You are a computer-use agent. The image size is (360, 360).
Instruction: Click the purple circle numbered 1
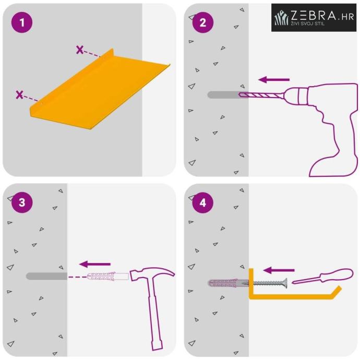pyautogui.click(x=22, y=22)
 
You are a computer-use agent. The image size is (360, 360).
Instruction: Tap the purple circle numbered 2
pyautogui.click(x=203, y=22)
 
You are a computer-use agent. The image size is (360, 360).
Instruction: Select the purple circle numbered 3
pyautogui.click(x=22, y=202)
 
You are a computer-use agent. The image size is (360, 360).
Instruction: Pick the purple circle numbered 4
pyautogui.click(x=203, y=203)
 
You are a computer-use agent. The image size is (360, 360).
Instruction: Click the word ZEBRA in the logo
pyautogui.click(x=314, y=16)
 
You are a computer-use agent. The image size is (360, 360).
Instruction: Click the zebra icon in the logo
pyautogui.click(x=281, y=18)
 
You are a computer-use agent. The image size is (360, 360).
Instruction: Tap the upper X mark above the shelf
pyautogui.click(x=80, y=50)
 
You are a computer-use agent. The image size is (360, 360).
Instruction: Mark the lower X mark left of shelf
pyautogui.click(x=19, y=94)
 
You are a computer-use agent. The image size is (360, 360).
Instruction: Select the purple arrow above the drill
pyautogui.click(x=274, y=80)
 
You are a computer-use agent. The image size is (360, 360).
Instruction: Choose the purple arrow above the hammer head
pyautogui.click(x=95, y=264)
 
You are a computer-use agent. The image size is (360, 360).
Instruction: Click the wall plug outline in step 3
pyautogui.click(x=108, y=276)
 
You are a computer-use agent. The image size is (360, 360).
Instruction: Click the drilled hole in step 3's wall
pyautogui.click(x=46, y=276)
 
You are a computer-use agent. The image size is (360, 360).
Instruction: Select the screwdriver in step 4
pyautogui.click(x=322, y=276)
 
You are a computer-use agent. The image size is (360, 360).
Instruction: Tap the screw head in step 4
pyautogui.click(x=285, y=283)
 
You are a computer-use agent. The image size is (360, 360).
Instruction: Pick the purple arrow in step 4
pyautogui.click(x=279, y=270)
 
